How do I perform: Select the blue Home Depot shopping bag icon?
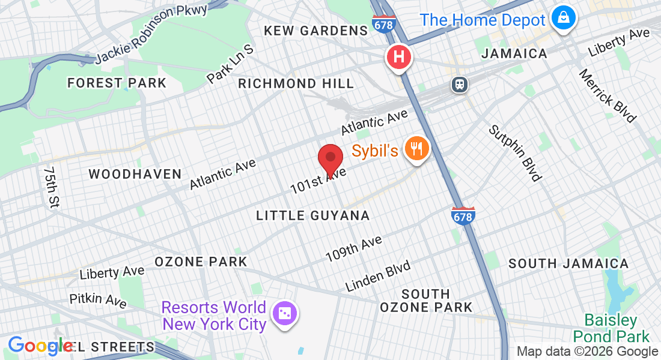click(564, 19)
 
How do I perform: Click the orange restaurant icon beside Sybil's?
click(416, 148)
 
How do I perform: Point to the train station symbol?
click(460, 85)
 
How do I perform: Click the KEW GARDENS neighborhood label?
click(315, 31)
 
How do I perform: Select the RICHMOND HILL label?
click(296, 83)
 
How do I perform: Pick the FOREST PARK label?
click(117, 83)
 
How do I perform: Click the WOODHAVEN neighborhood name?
click(135, 174)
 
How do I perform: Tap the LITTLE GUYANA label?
click(312, 215)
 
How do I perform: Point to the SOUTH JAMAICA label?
click(568, 263)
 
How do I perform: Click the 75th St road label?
click(51, 187)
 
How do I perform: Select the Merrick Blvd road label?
click(607, 95)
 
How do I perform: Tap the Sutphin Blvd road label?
click(515, 152)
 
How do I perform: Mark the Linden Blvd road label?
click(378, 276)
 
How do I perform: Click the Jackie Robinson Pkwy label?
click(151, 34)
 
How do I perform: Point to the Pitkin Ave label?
click(98, 300)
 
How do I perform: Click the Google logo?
click(40, 346)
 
